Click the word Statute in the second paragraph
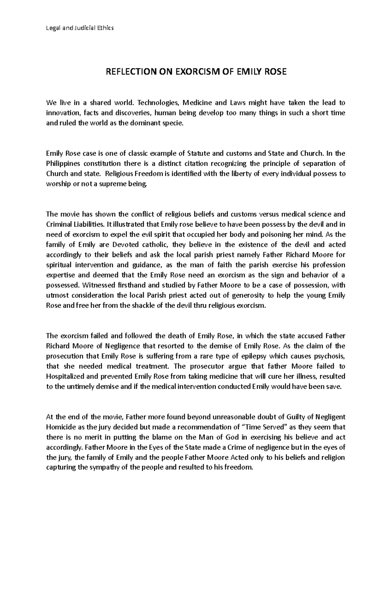point(199,153)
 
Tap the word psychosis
point(329,356)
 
